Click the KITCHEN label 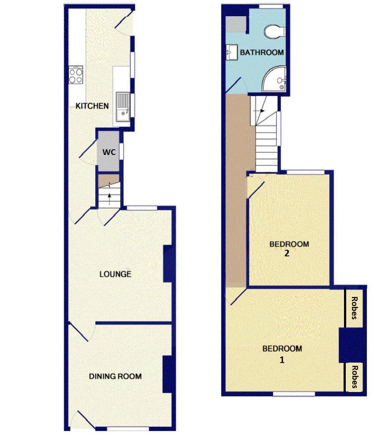click(x=92, y=106)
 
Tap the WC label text click(x=109, y=152)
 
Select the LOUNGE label click(x=115, y=274)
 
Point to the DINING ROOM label click(x=115, y=376)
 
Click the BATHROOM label click(x=261, y=52)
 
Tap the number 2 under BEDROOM click(x=286, y=253)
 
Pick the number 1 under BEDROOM click(x=282, y=360)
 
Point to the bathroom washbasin click(x=231, y=53)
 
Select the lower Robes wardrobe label click(x=354, y=377)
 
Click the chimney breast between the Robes click(x=351, y=345)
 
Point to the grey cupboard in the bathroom click(x=238, y=25)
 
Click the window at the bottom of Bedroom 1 click(x=294, y=394)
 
